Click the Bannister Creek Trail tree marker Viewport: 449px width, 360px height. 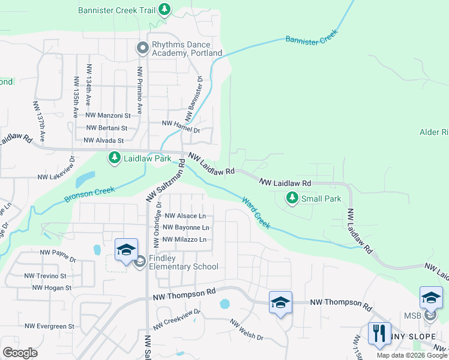[164, 10]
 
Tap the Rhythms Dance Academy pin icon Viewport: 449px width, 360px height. [142, 47]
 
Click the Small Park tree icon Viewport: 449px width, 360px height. [292, 197]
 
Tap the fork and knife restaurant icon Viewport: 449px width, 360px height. [379, 334]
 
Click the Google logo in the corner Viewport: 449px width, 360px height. [20, 352]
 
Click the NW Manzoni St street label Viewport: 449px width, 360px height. [108, 115]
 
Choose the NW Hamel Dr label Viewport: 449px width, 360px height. [181, 123]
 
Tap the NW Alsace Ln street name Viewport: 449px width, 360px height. [185, 216]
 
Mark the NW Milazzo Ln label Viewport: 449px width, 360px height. [185, 240]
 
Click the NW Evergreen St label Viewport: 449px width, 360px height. [49, 326]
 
